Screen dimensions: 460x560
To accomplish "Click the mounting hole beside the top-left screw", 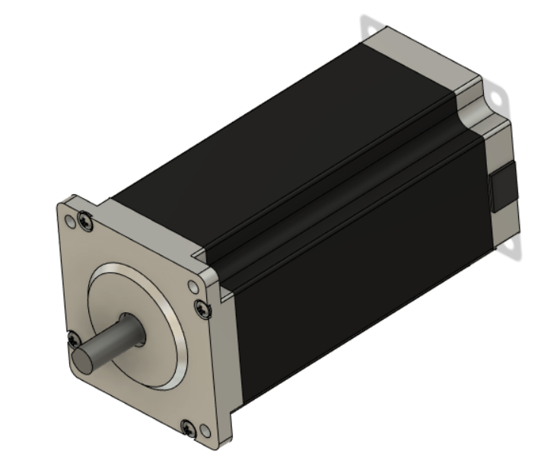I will coord(71,222).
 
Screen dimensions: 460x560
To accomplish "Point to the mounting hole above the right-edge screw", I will coord(193,288).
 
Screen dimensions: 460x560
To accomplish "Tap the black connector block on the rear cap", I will coord(502,187).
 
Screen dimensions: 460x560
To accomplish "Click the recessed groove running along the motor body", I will coord(335,190).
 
